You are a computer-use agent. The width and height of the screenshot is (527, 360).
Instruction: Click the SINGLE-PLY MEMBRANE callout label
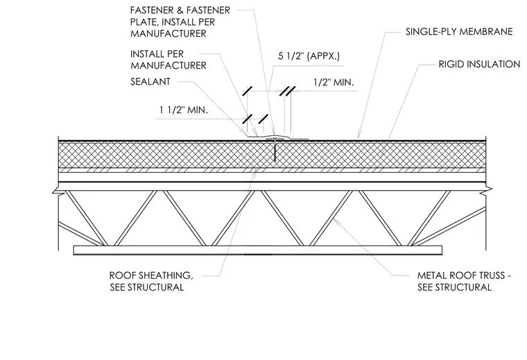click(x=459, y=32)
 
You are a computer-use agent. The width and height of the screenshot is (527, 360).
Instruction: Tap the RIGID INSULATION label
click(x=479, y=65)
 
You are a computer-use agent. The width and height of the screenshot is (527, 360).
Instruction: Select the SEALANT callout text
click(x=150, y=82)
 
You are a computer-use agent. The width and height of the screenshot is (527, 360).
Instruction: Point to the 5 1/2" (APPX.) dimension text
click(x=309, y=55)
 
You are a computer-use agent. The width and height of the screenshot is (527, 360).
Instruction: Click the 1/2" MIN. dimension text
click(x=334, y=83)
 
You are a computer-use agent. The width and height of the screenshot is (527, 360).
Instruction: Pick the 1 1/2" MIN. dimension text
click(x=184, y=110)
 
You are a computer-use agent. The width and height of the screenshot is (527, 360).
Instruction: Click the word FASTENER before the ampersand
click(x=151, y=10)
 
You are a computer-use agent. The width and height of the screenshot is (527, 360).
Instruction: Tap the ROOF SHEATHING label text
click(x=151, y=275)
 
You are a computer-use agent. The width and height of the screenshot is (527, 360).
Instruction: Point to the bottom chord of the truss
click(x=258, y=250)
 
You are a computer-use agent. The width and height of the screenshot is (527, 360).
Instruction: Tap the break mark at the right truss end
click(x=487, y=191)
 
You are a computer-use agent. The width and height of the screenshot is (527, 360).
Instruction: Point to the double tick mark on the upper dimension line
click(x=288, y=91)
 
